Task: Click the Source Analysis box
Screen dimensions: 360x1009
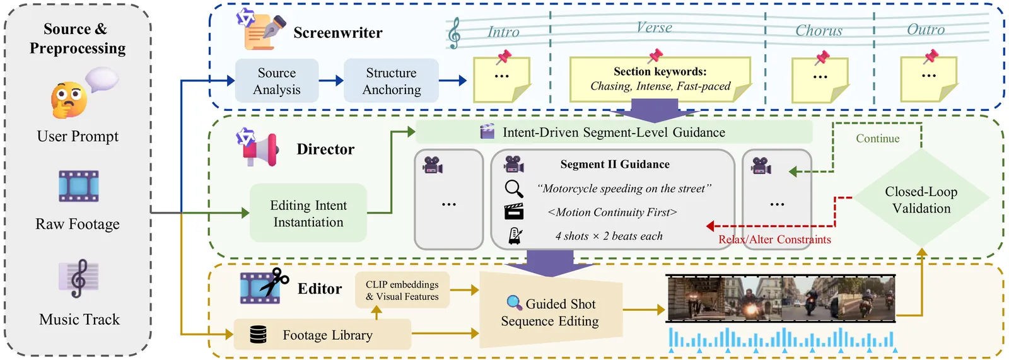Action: [277, 81]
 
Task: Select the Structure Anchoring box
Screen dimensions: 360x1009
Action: [391, 81]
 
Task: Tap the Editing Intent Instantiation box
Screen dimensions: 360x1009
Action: [308, 213]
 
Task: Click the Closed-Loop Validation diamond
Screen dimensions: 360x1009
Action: [921, 199]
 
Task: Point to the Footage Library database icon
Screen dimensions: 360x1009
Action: [259, 334]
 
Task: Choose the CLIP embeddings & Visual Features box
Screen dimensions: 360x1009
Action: [402, 290]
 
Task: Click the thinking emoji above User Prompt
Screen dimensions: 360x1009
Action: [69, 100]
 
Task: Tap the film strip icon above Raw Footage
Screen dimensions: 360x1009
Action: [78, 186]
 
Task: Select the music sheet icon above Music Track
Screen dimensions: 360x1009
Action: [79, 278]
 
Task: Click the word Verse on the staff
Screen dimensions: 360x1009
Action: [654, 28]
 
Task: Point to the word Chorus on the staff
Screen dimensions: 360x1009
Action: [819, 30]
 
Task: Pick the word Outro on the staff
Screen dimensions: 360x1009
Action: [926, 30]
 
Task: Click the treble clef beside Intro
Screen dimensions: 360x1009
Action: [454, 33]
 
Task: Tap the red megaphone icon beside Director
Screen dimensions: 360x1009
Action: [264, 150]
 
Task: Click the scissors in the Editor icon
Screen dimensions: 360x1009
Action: [275, 281]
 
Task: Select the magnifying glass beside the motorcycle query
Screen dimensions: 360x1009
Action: [514, 189]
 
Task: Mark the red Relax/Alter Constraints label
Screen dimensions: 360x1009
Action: [774, 240]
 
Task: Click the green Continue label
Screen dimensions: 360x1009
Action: [877, 139]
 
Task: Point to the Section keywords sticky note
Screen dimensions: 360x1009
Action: [660, 79]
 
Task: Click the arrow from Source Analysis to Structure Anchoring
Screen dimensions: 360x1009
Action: [331, 81]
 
